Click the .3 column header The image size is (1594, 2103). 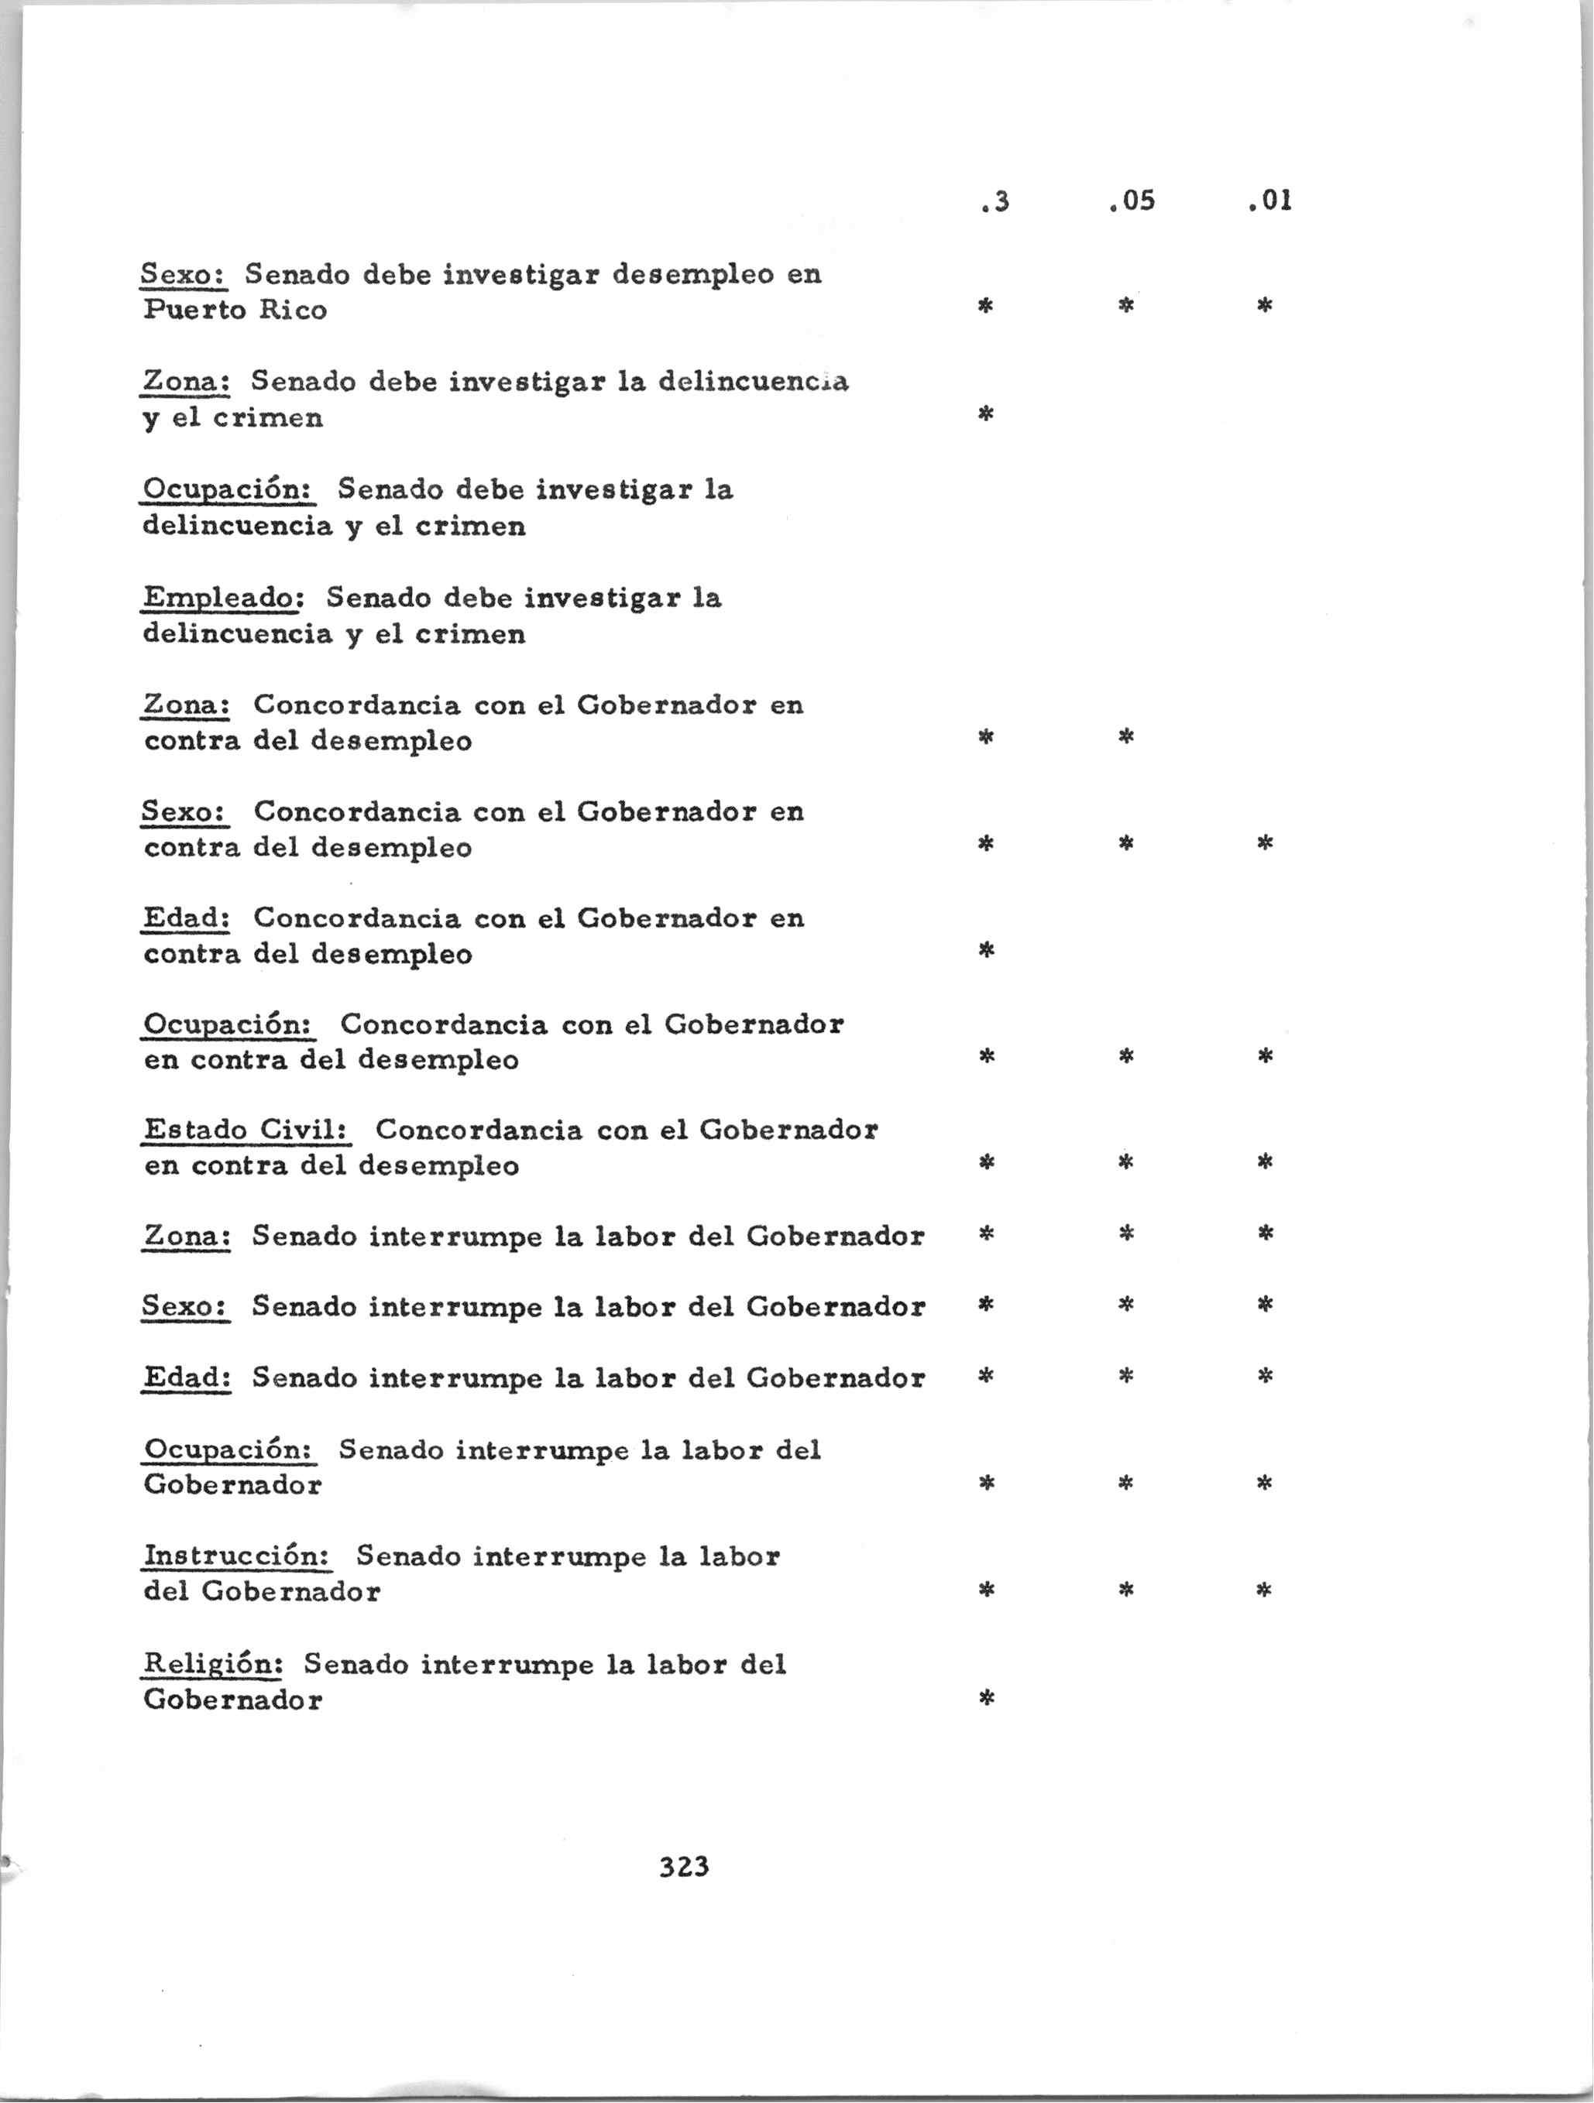[994, 201]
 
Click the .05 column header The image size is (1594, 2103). [1132, 201]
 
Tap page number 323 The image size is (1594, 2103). [684, 1866]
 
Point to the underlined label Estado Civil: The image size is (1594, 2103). [246, 1130]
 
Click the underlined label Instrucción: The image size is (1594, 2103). [237, 1556]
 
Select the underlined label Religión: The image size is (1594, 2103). [213, 1664]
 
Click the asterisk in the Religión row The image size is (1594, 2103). [986, 1699]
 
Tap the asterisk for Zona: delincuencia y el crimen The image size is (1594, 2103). [986, 413]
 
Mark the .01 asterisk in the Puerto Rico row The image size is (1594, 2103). [1265, 306]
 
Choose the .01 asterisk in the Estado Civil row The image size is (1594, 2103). [1265, 1161]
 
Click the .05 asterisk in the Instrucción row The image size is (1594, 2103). [1126, 1590]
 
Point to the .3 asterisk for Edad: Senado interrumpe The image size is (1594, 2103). [986, 1376]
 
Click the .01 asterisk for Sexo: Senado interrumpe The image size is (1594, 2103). [1265, 1305]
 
